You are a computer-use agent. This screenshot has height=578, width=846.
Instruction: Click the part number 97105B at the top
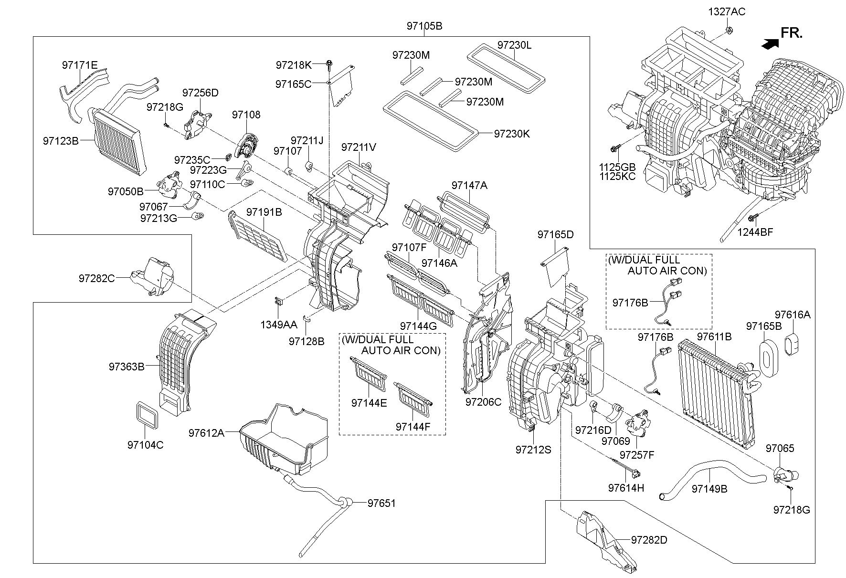pos(424,26)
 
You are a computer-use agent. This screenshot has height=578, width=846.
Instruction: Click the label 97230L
pos(514,45)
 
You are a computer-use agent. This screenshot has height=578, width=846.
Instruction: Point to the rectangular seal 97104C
pos(146,414)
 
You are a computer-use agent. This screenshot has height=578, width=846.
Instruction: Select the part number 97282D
pos(649,540)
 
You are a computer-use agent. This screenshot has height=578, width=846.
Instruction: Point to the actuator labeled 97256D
pos(198,123)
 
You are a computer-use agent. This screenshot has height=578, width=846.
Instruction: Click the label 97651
pos(381,503)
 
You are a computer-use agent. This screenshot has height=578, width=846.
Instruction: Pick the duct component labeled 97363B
pos(179,363)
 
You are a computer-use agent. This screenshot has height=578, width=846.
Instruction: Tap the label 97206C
pos(483,402)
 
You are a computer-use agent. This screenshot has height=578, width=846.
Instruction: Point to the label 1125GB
pos(617,167)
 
